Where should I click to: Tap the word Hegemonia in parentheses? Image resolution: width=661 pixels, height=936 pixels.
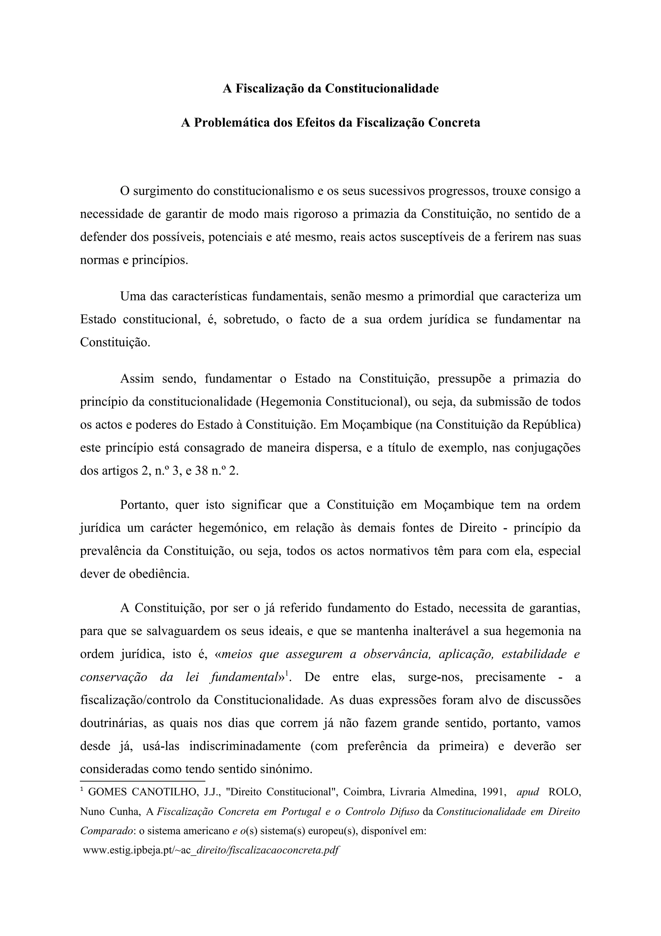coord(290,402)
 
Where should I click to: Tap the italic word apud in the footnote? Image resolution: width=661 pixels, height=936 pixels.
coord(527,792)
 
